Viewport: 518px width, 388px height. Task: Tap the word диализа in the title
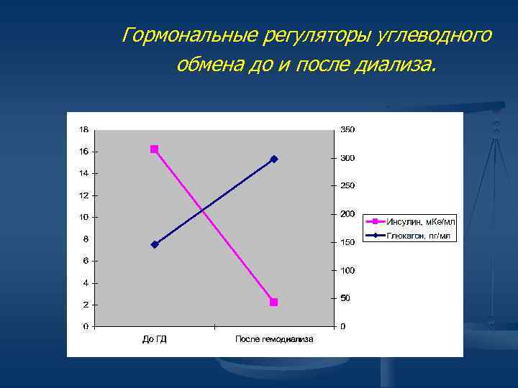point(395,66)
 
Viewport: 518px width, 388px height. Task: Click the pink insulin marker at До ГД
point(154,149)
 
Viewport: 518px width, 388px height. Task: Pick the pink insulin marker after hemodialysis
point(273,302)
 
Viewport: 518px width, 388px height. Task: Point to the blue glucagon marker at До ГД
point(154,245)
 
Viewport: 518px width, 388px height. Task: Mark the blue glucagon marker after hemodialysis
point(273,159)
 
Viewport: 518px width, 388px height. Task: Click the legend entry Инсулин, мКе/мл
point(421,221)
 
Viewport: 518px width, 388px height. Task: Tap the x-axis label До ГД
point(154,339)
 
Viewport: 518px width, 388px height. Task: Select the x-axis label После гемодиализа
point(274,339)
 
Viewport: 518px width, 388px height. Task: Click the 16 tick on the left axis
point(84,152)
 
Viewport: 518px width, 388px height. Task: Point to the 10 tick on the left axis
point(84,217)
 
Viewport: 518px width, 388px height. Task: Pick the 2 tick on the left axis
point(86,305)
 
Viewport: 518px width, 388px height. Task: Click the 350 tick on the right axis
point(347,130)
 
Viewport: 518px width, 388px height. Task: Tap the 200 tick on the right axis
point(347,214)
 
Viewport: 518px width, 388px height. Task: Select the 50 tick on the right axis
point(345,298)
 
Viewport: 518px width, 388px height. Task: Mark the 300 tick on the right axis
point(347,158)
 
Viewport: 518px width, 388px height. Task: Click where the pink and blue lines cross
point(206,210)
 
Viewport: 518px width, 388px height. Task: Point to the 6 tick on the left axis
point(86,261)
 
